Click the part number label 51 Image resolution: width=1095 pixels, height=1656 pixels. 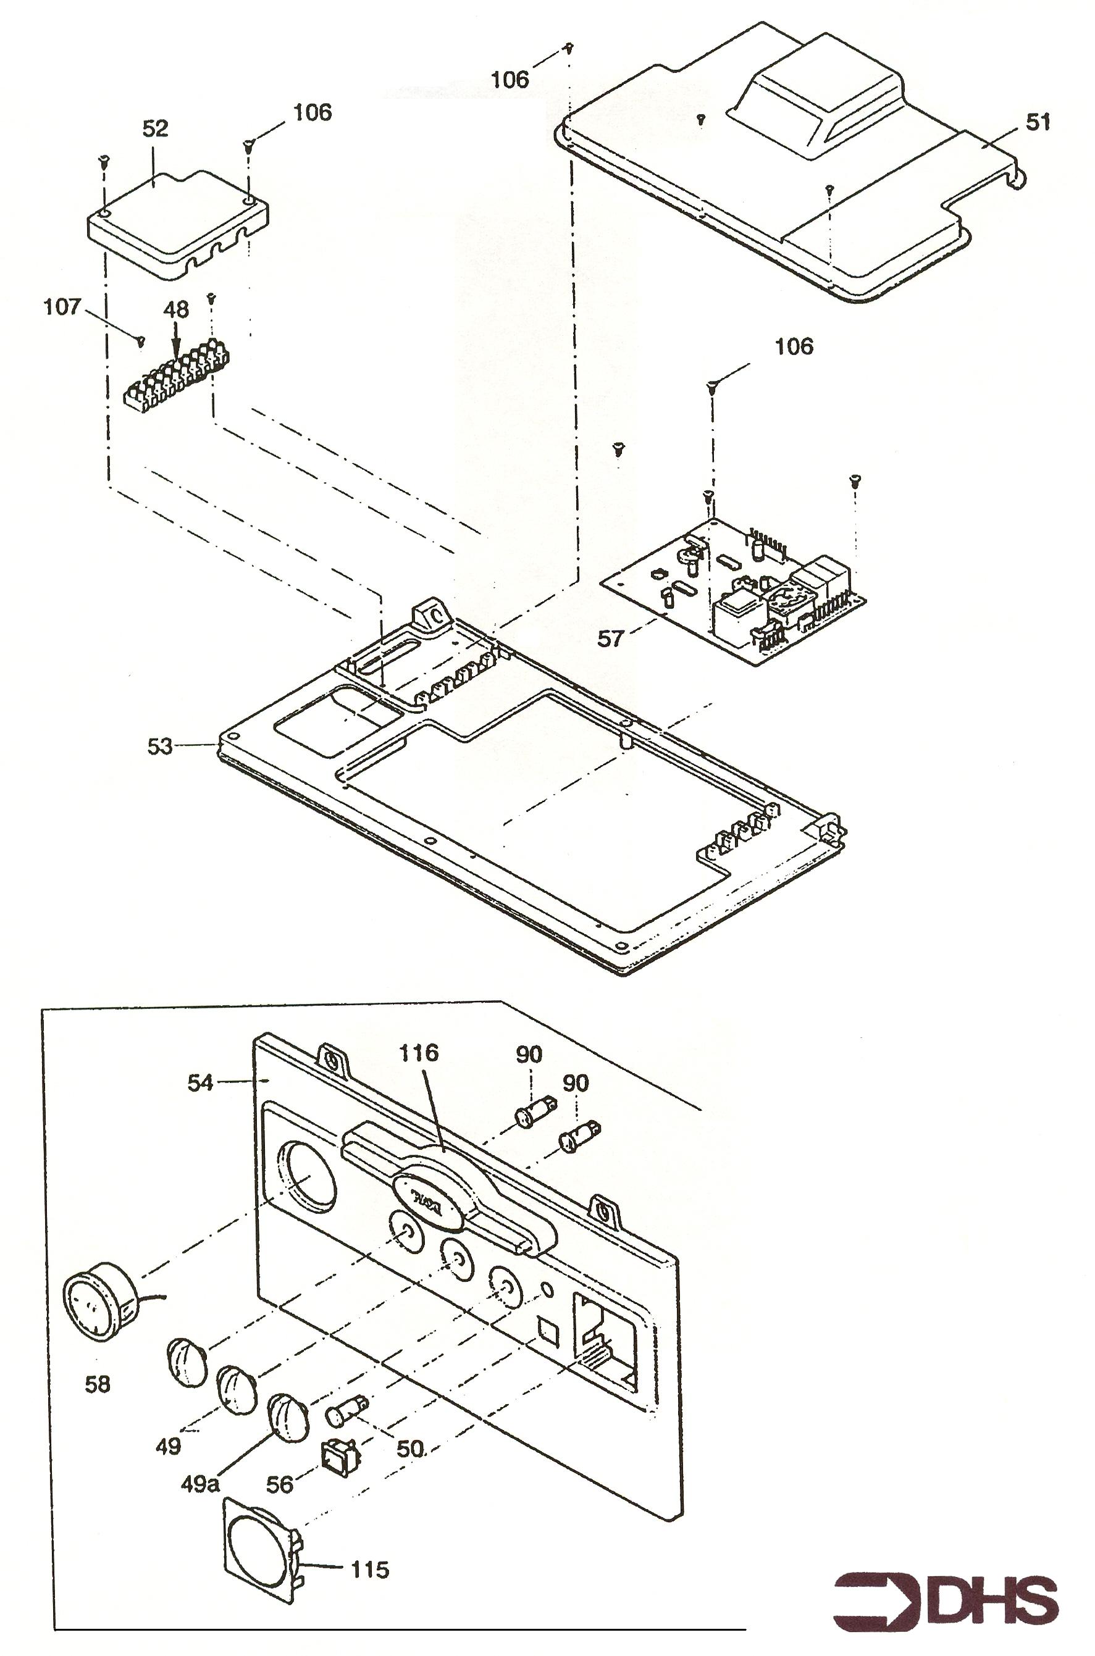(1038, 122)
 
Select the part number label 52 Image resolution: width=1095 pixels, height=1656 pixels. (155, 128)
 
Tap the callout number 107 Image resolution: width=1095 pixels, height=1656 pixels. (62, 307)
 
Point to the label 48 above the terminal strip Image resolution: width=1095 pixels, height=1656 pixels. (176, 309)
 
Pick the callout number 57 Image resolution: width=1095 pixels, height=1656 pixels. (610, 638)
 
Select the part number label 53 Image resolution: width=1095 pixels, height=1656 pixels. (159, 746)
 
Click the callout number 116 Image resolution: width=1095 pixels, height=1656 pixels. (418, 1052)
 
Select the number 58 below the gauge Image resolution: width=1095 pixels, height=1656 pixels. (97, 1383)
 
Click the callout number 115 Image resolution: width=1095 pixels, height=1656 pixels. (369, 1570)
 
